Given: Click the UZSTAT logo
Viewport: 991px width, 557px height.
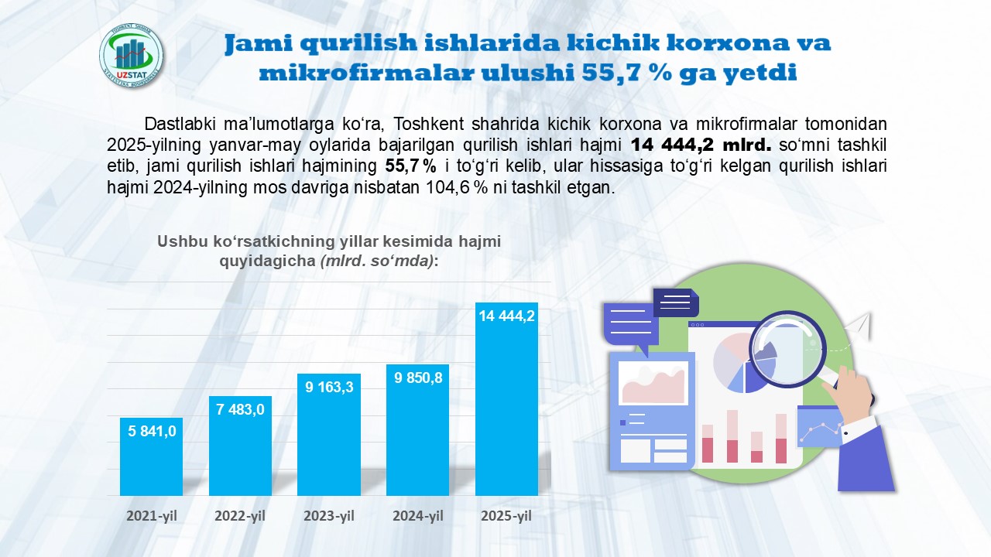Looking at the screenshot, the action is point(131,56).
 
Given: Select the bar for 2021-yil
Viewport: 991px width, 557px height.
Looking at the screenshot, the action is point(151,456).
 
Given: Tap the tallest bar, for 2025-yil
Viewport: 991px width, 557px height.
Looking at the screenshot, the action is point(506,399).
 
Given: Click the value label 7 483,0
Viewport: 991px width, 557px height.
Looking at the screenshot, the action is point(240,409).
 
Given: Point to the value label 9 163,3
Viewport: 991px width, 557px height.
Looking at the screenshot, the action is point(329,388).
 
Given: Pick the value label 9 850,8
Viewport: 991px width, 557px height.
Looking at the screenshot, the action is point(418,378).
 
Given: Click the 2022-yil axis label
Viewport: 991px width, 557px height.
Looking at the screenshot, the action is point(240,516).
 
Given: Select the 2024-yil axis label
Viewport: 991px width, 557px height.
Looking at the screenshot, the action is point(417,516).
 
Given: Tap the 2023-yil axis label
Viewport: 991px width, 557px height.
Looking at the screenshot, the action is point(329,516).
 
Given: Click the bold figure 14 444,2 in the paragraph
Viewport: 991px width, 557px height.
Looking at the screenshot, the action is point(672,145).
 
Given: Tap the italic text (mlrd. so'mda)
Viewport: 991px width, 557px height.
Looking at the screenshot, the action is point(377,261).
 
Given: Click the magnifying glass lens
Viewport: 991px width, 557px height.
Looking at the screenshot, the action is point(788,349).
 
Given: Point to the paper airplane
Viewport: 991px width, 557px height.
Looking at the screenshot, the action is point(858,326).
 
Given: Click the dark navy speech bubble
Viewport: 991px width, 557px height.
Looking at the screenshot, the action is point(676,302).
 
